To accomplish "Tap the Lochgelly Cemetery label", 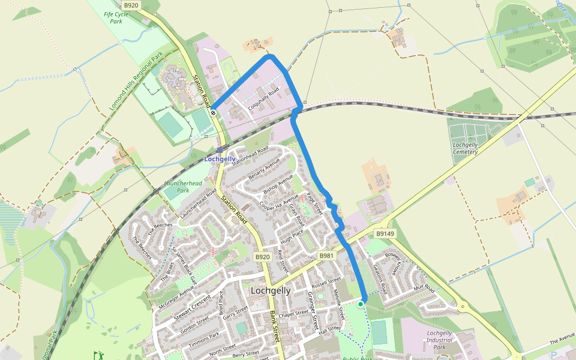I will (466, 148).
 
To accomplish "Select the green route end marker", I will (361, 304).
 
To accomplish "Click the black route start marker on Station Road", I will (213, 112).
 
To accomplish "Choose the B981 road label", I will (326, 256).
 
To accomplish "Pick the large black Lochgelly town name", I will (270, 290).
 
